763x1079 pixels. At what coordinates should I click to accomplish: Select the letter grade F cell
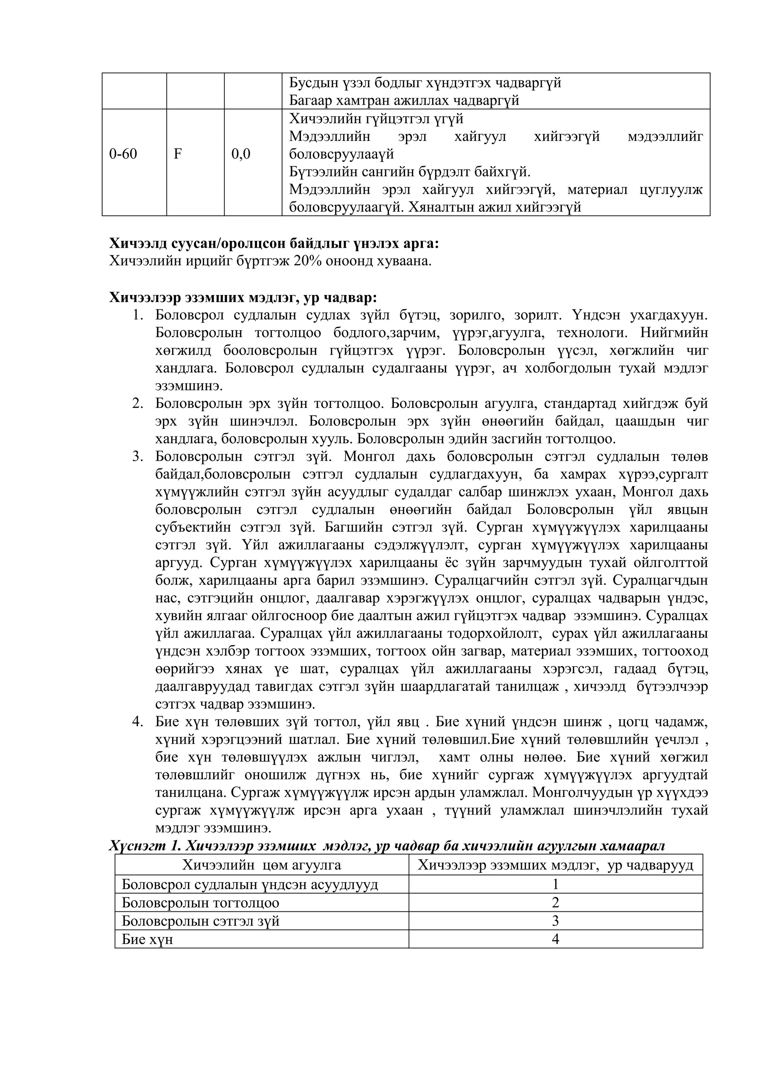(178, 154)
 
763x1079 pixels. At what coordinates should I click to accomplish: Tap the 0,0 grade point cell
(241, 154)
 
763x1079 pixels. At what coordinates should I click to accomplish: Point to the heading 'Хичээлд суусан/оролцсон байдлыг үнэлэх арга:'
(274, 244)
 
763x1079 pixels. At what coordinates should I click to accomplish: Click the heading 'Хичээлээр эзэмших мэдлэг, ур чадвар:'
(243, 298)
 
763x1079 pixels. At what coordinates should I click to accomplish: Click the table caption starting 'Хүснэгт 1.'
(386, 846)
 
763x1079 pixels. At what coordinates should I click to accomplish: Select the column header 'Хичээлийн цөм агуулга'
(262, 865)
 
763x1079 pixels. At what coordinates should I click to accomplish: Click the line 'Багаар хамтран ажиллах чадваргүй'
(404, 101)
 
